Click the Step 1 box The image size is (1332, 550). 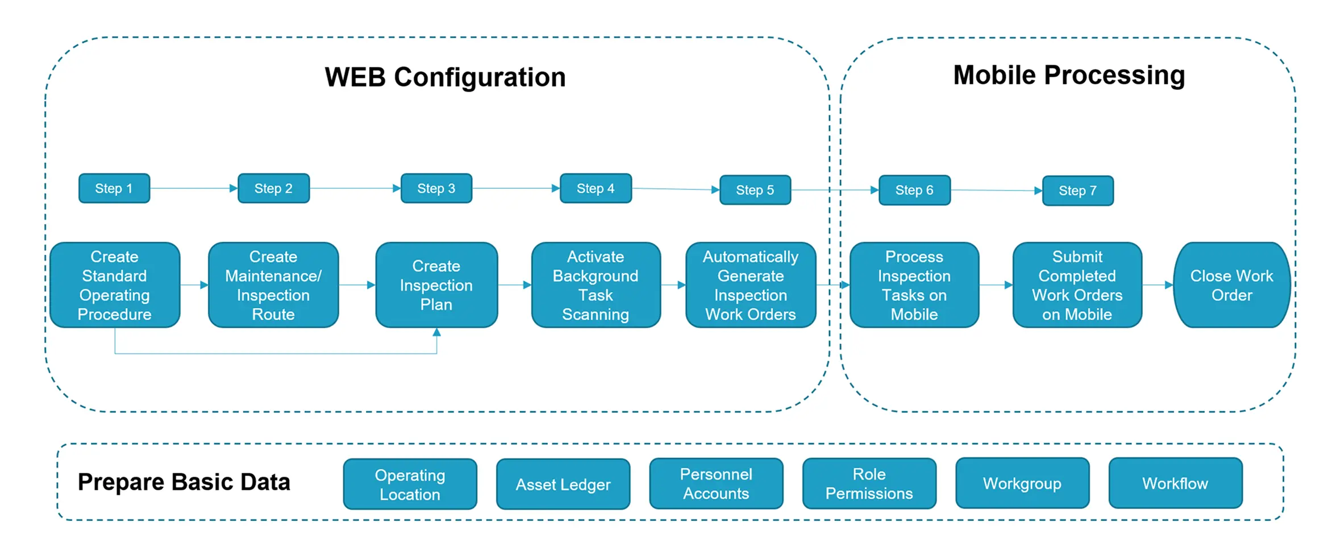114,188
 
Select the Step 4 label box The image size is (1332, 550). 596,188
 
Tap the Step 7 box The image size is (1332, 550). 1078,191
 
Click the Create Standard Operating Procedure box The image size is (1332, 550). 115,285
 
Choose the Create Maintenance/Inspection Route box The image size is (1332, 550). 273,285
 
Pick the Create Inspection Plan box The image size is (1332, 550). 436,285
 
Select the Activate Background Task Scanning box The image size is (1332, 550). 596,285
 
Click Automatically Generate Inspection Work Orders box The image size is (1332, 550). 751,285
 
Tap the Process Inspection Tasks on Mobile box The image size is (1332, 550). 914,285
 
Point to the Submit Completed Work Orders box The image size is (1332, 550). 1077,285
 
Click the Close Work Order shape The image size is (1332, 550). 1232,285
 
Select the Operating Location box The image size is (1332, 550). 410,484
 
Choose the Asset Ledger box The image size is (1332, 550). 563,484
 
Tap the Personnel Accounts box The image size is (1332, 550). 716,483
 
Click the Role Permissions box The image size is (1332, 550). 869,483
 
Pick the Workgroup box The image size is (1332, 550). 1022,483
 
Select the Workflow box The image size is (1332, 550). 1176,483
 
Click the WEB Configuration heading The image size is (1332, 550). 445,77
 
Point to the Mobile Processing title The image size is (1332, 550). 1069,75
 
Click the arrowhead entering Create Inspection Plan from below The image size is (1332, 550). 436,332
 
